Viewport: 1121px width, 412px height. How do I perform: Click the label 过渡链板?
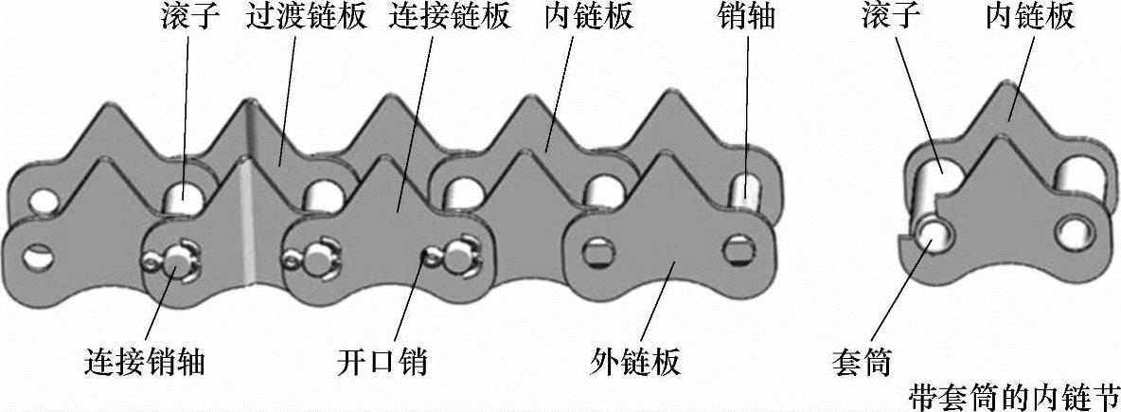click(x=305, y=18)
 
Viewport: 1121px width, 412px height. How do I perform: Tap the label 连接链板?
click(x=449, y=18)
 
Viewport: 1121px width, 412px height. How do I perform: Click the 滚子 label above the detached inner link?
click(x=891, y=18)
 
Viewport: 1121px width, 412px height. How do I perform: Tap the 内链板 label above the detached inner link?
click(x=1030, y=18)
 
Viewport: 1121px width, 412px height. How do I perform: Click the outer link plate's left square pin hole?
click(x=596, y=252)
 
